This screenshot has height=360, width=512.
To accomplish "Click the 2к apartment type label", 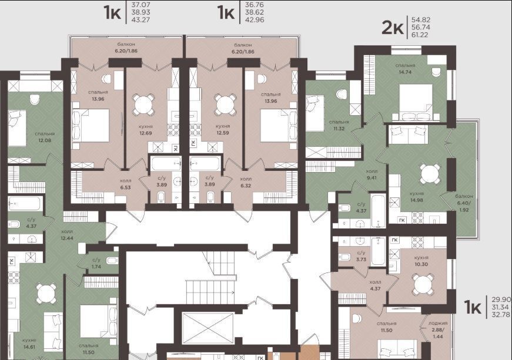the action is (x=392, y=28).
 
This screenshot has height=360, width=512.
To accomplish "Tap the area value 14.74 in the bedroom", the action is (x=405, y=72).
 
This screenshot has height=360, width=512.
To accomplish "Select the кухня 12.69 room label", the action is (x=145, y=129).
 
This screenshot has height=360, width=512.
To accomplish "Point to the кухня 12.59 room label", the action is (x=223, y=129).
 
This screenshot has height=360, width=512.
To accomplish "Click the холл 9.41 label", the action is (x=372, y=174).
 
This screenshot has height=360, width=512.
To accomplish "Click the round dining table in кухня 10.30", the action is (x=423, y=284).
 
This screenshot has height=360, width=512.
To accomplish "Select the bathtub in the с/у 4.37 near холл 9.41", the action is (x=379, y=210).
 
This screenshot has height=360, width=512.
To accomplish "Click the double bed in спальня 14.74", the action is (x=416, y=103).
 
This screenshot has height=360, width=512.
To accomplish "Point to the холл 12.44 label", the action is (x=67, y=235).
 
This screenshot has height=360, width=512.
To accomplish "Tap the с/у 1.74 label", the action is (x=96, y=263).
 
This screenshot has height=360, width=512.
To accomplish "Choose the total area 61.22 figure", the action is (x=420, y=35).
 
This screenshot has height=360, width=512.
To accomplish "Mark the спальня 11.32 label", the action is (x=339, y=125).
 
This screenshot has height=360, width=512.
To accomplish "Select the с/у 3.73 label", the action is (x=361, y=256).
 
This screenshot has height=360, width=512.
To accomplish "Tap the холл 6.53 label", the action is (x=125, y=184).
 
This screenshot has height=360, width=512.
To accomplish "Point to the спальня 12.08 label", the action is (x=45, y=137).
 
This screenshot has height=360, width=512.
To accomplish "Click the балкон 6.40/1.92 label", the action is (x=464, y=203).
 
